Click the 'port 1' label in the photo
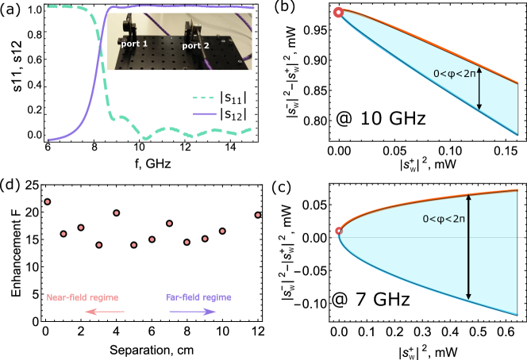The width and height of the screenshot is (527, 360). [x=134, y=44]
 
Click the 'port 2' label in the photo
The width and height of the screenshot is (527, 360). [x=195, y=46]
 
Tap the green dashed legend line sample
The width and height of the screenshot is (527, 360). [x=203, y=99]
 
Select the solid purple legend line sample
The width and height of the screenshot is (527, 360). [x=204, y=114]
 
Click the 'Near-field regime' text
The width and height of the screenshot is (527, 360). [x=83, y=297]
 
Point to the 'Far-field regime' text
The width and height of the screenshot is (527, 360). [x=198, y=297]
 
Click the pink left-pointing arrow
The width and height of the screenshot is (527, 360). [x=104, y=312]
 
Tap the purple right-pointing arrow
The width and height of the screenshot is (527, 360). [x=192, y=312]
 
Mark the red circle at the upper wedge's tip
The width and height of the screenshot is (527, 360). [x=338, y=12]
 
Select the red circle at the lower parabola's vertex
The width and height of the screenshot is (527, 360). [x=339, y=232]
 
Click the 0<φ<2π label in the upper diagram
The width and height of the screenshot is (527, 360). [x=455, y=74]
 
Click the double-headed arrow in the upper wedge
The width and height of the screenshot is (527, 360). [x=479, y=88]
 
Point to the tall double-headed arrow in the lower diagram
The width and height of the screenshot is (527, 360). [x=469, y=247]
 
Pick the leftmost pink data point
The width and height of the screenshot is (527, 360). [x=48, y=202]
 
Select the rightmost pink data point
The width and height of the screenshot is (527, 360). [x=258, y=215]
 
